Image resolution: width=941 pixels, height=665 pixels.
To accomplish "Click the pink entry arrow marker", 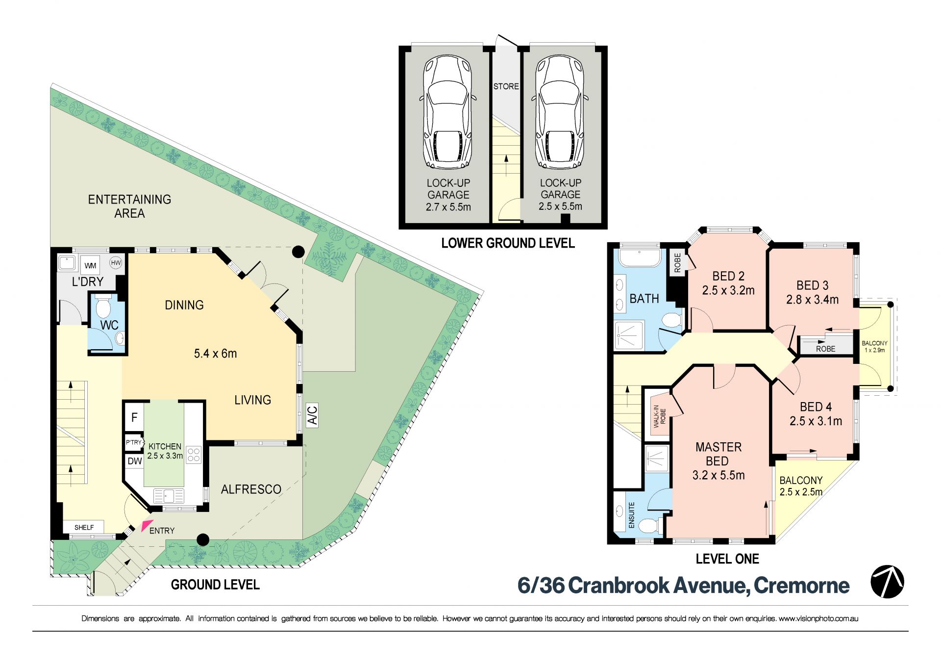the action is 147,525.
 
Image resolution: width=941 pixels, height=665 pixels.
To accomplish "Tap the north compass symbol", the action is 887,582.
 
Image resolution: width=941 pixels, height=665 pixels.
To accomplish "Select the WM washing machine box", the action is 90,265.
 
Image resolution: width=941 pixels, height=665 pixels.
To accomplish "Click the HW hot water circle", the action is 116,263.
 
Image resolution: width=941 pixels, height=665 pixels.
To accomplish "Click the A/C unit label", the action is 312,414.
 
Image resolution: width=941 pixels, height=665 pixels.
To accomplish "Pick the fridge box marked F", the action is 134,417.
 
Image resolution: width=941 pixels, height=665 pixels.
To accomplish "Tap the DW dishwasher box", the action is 134,461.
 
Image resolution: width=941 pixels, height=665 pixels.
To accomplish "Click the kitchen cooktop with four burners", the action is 194,455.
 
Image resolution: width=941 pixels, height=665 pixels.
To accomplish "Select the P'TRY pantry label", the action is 134,442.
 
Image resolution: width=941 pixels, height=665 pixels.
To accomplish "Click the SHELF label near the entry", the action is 84,527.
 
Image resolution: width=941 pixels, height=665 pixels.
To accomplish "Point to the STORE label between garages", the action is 506,86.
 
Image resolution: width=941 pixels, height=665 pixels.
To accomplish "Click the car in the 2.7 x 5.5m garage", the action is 447,111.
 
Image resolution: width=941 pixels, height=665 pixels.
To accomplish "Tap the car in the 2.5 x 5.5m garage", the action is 560,111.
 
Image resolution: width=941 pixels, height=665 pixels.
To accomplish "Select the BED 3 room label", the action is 812,285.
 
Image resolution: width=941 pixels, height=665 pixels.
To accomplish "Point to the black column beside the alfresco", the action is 203,540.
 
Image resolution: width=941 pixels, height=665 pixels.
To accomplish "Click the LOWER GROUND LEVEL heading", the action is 508,243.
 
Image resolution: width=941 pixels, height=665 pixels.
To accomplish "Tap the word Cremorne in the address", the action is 801,585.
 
